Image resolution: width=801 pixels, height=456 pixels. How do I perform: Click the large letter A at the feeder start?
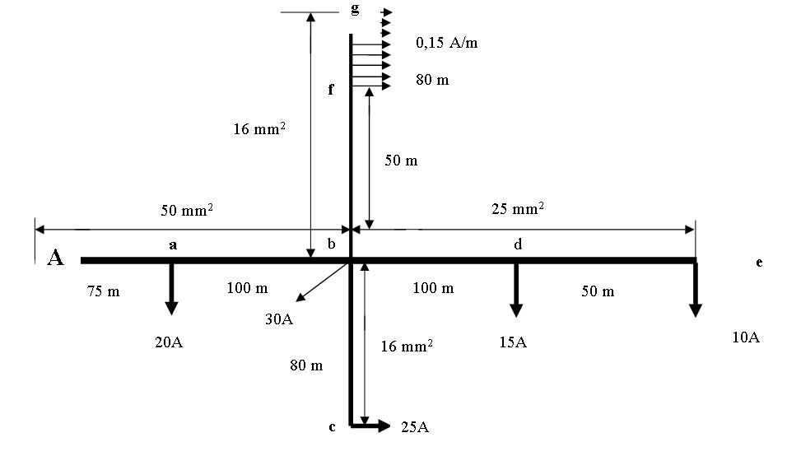click(55, 258)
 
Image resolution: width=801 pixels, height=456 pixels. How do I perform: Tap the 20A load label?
click(169, 342)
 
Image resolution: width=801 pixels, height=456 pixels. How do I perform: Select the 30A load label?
click(279, 319)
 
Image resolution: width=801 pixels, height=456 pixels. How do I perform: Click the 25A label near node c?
click(415, 426)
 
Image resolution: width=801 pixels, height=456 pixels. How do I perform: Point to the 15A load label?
click(513, 342)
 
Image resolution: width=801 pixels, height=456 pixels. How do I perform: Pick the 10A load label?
click(746, 337)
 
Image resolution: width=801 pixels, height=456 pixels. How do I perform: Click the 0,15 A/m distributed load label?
click(447, 44)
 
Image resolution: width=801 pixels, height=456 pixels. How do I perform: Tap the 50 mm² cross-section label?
click(187, 211)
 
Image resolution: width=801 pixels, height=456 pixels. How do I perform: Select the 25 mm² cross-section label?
click(518, 209)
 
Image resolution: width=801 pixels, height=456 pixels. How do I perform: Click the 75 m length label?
click(103, 291)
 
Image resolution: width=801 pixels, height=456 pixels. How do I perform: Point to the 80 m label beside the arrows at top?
click(432, 81)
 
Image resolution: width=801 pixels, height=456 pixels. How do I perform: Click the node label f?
click(331, 90)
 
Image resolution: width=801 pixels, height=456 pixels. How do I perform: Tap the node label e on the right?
click(759, 263)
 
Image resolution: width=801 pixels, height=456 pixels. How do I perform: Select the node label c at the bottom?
click(332, 426)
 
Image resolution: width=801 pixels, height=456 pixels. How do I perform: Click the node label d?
click(518, 244)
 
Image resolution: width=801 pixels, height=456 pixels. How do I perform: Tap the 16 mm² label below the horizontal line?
click(407, 347)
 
